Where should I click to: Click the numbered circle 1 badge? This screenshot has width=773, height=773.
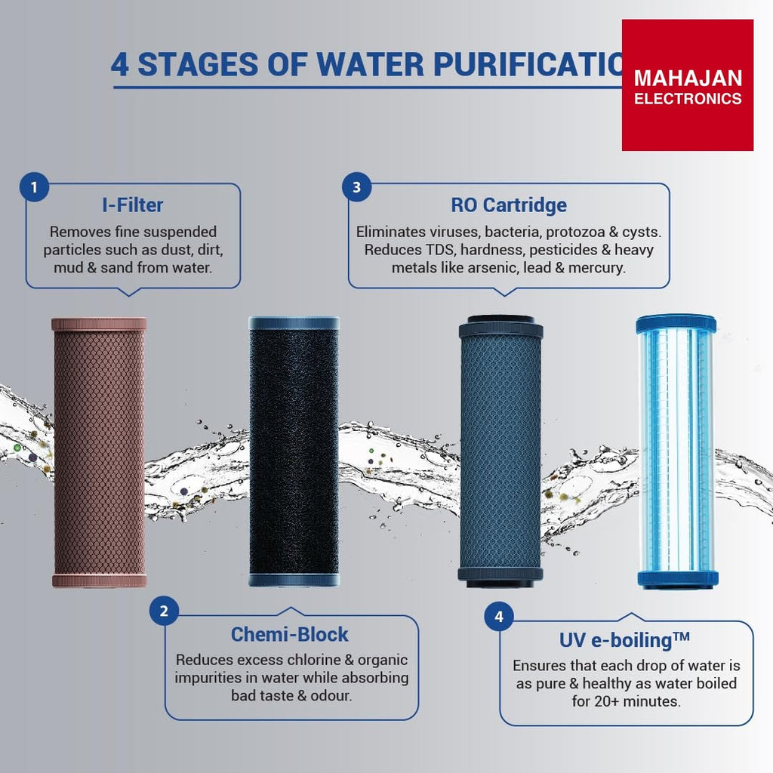(34, 187)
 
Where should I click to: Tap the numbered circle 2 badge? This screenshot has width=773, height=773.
(164, 611)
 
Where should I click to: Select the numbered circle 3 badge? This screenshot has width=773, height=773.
(356, 187)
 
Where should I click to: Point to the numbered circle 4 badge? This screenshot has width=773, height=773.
(499, 616)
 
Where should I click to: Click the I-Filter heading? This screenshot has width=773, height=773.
(133, 205)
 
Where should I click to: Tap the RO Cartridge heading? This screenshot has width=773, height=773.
(509, 205)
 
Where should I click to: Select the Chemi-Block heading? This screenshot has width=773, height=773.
(290, 634)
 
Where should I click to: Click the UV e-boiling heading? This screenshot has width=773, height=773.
(624, 640)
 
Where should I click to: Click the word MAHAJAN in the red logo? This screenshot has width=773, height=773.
(688, 79)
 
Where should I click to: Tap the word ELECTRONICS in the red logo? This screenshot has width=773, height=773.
(688, 99)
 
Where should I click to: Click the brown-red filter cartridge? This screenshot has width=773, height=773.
(99, 452)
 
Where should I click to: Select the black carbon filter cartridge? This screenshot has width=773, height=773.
(294, 451)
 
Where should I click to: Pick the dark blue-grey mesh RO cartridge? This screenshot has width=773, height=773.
(501, 451)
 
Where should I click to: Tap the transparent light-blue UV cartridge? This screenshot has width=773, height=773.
(676, 451)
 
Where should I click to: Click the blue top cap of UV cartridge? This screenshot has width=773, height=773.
(676, 325)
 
